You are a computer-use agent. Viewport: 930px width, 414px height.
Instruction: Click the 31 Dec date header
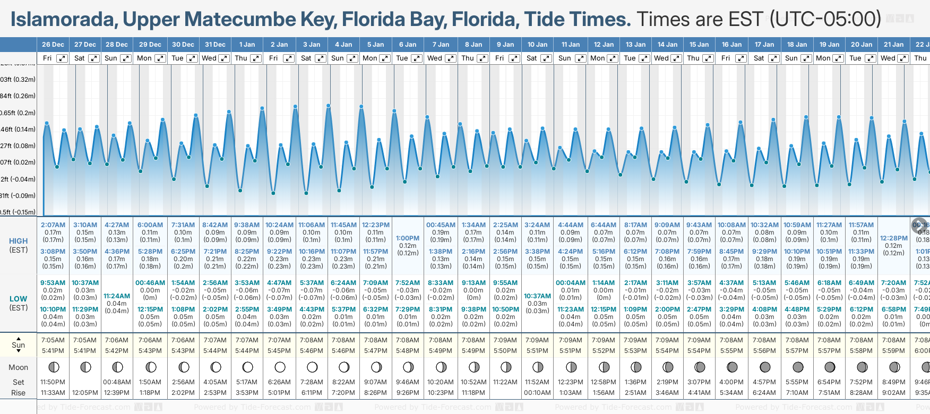215,45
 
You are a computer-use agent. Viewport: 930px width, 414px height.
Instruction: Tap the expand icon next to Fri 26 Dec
62,58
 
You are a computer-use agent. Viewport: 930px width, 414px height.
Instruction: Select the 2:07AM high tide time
53,225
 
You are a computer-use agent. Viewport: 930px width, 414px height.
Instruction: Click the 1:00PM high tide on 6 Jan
408,238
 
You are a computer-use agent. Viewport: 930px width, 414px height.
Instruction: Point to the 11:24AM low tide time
117,296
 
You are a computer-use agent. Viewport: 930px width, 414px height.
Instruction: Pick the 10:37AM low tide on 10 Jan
537,296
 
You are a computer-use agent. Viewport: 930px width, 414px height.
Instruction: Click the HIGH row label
19,241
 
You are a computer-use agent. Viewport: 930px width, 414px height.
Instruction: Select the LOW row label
19,299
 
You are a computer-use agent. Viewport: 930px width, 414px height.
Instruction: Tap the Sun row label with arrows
19,345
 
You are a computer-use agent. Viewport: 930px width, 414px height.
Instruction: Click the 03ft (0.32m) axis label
18,80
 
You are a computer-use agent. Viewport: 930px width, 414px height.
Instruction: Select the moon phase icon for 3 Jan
312,367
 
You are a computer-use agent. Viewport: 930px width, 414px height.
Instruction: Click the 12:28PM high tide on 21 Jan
893,238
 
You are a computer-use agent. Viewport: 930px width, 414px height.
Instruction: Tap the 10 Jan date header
537,45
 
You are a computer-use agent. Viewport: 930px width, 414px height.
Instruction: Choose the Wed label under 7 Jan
435,58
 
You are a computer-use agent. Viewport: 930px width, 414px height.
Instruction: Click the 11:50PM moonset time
53,382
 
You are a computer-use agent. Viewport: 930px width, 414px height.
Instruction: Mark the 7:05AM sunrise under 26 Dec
53,340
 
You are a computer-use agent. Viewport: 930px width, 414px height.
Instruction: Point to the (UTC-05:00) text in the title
825,20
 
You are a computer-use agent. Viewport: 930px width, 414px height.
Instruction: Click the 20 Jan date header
862,45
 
